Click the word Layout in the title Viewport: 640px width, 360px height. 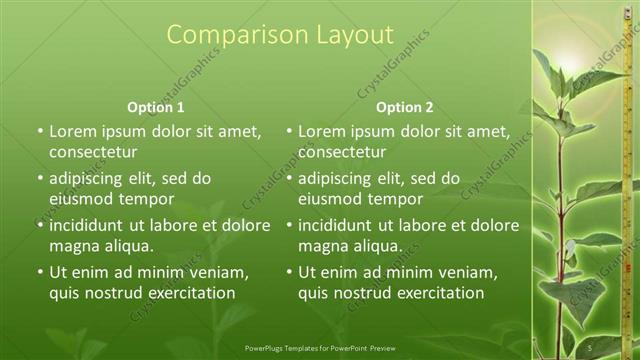[x=343, y=35]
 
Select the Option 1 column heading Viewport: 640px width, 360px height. [x=156, y=107]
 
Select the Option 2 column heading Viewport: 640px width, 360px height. [x=405, y=107]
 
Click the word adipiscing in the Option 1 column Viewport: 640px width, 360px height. [x=91, y=178]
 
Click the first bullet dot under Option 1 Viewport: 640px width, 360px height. [x=39, y=131]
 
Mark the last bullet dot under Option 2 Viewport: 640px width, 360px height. [x=288, y=272]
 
